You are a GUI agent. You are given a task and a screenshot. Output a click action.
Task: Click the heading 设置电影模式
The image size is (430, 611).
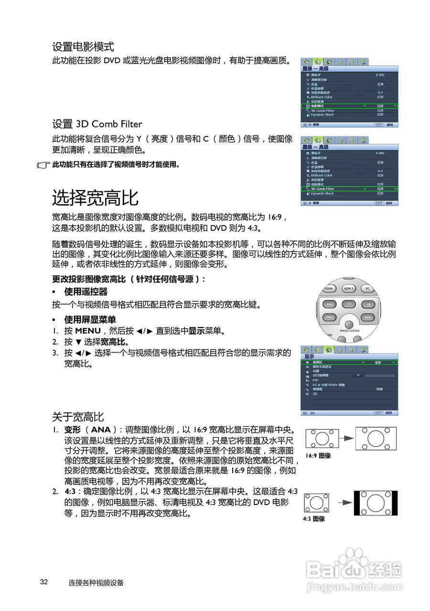click(x=83, y=47)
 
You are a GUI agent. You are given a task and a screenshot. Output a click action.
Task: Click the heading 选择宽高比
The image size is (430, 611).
click(x=95, y=198)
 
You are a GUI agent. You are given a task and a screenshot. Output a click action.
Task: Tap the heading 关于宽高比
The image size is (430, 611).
click(x=78, y=417)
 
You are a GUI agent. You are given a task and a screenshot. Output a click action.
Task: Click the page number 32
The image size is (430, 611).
click(x=44, y=582)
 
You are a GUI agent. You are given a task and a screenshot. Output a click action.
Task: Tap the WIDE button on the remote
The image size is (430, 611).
click(x=329, y=317)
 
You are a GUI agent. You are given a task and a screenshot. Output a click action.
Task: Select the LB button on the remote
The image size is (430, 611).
click(x=367, y=304)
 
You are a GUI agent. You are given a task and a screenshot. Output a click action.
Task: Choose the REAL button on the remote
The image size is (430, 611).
click(x=367, y=317)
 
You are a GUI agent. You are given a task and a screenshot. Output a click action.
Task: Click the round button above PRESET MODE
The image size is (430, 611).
click(x=349, y=325)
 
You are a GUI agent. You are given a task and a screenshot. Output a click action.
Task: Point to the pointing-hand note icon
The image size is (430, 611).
click(x=43, y=165)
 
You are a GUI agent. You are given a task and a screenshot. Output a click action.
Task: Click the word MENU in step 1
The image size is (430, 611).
click(x=88, y=331)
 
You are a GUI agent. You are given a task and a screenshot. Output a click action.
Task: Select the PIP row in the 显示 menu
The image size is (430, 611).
click(x=315, y=380)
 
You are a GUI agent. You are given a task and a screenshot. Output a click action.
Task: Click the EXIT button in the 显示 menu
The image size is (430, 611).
click(x=379, y=412)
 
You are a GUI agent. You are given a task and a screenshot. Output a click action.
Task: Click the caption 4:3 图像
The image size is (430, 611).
click(x=314, y=518)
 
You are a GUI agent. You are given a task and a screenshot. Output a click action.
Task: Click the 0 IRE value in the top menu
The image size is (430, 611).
click(x=380, y=75)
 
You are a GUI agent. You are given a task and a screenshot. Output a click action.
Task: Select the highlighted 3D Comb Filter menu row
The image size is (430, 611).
click(x=349, y=189)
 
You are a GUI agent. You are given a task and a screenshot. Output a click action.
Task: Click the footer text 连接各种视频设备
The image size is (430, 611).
click(x=96, y=582)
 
